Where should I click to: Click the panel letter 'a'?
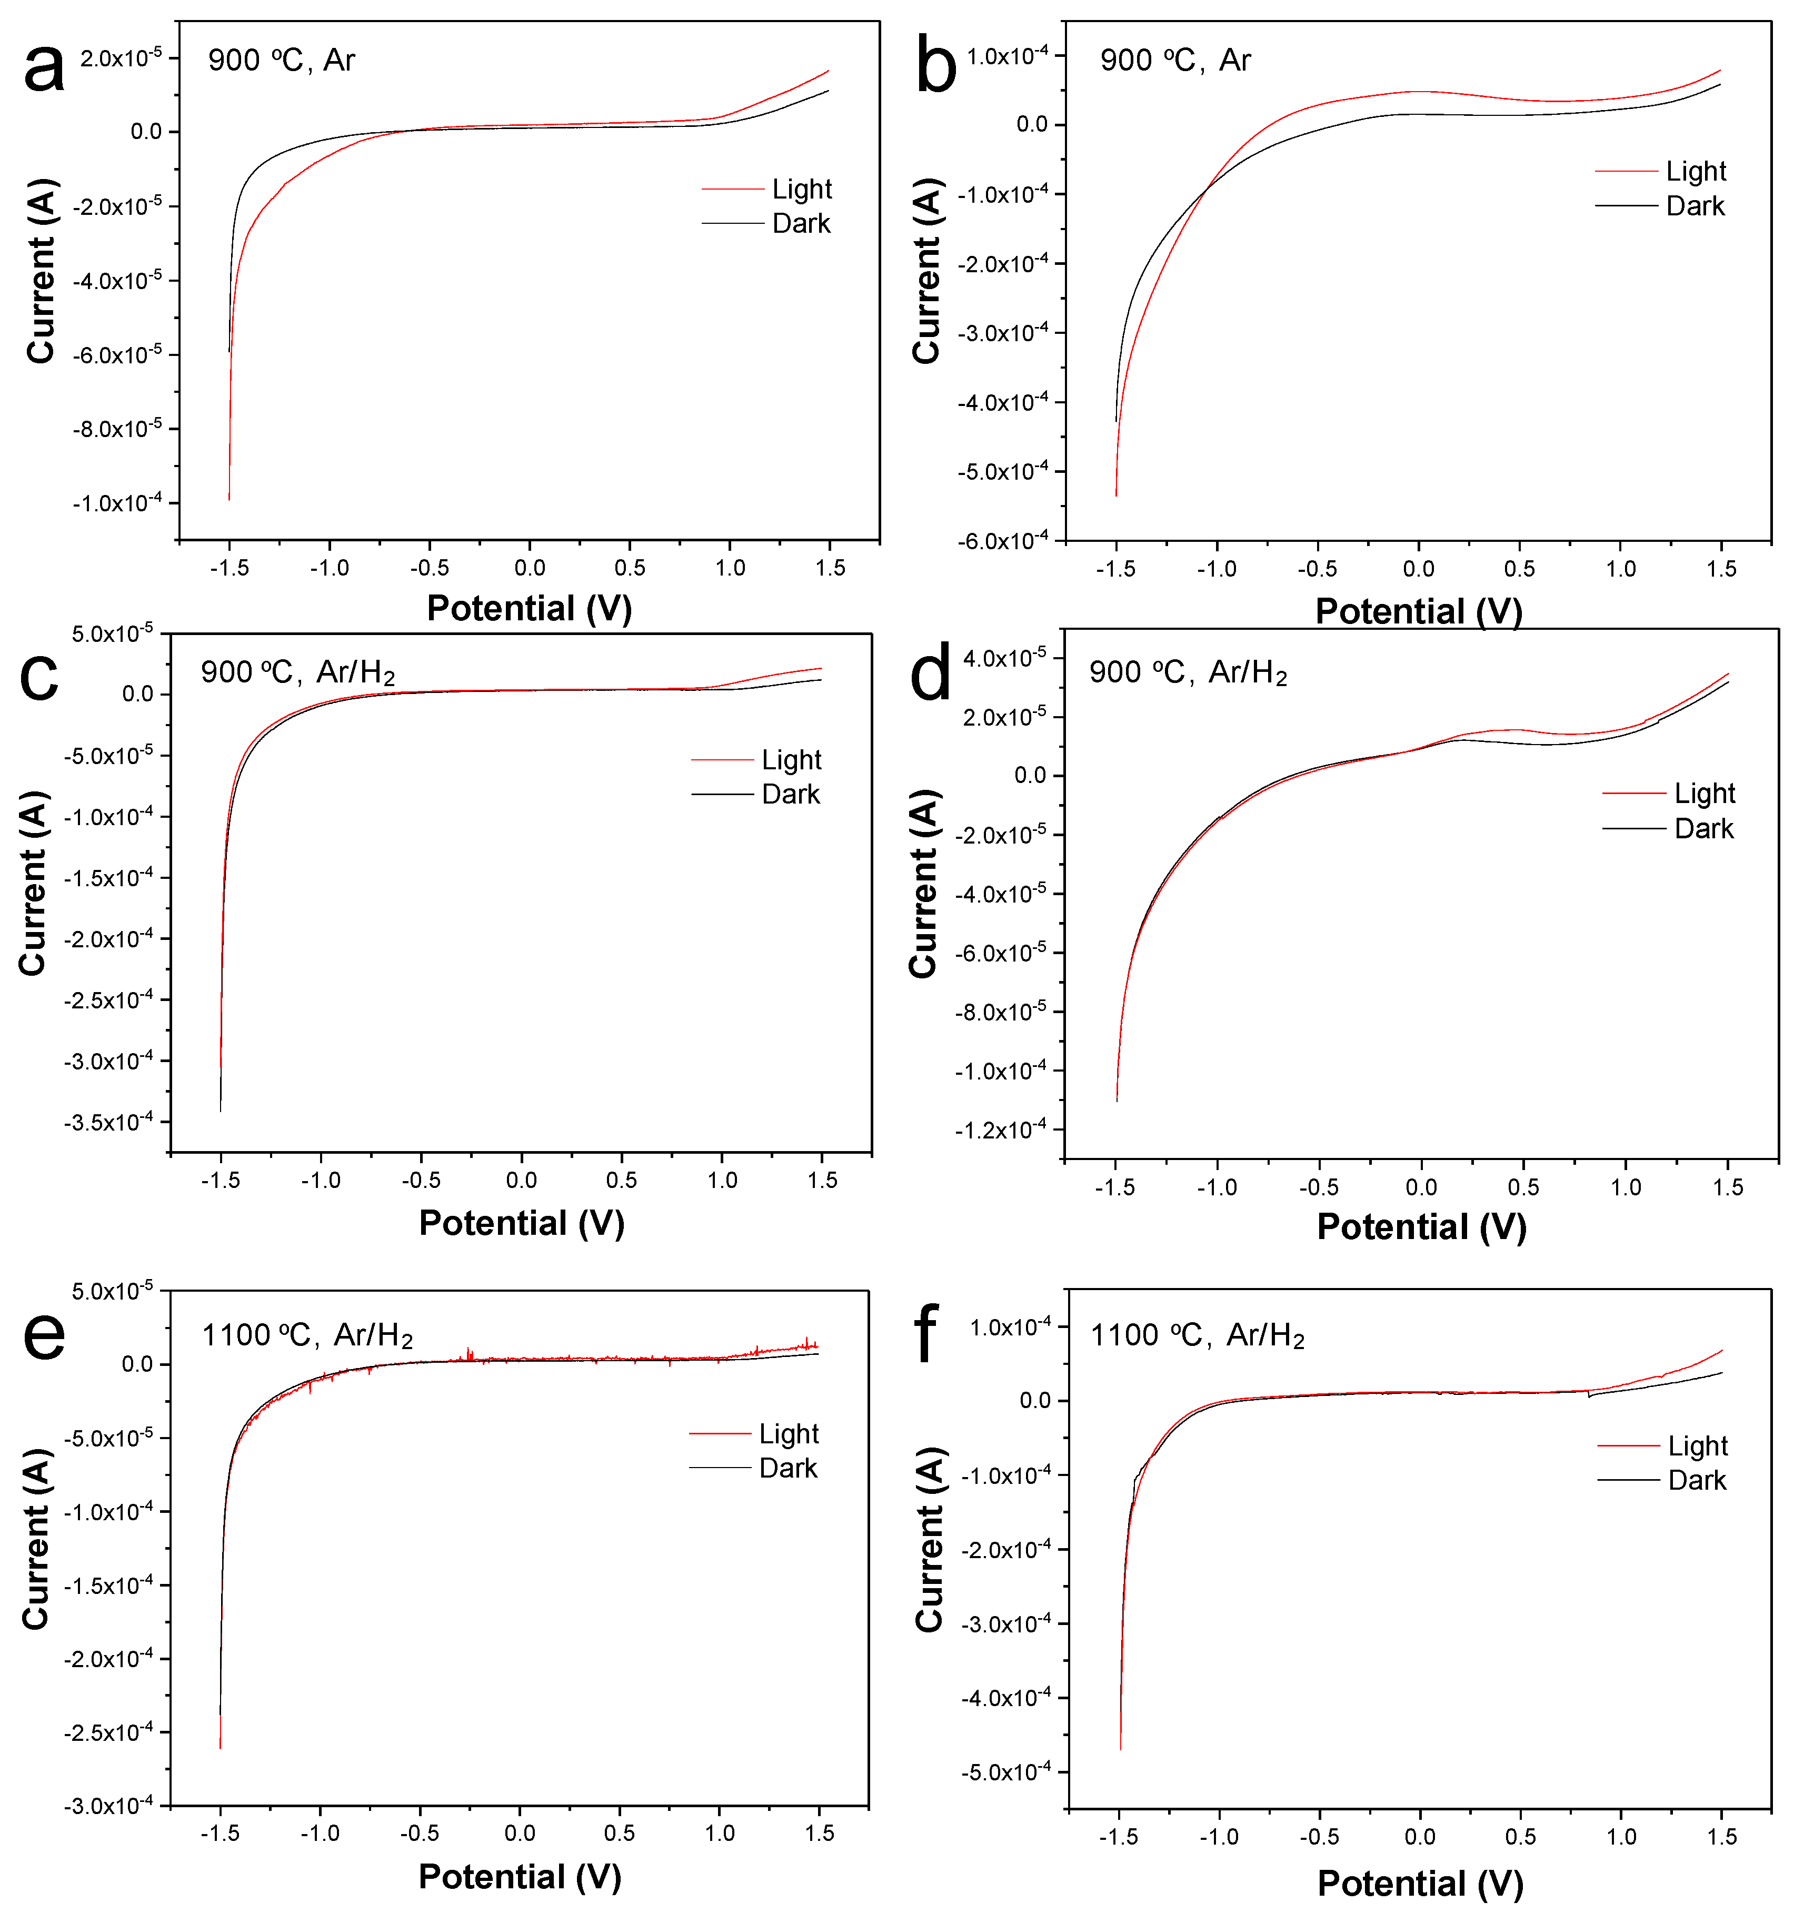(x=44, y=70)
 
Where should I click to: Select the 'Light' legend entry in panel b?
(x=1695, y=171)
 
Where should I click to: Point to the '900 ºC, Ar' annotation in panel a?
(x=281, y=60)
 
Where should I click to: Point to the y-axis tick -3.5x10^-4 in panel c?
(x=108, y=1122)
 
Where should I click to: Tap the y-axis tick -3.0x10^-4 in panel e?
(x=108, y=1805)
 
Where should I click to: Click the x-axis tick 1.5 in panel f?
(x=1720, y=1837)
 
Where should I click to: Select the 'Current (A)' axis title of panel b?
(x=926, y=271)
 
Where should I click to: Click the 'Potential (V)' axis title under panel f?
(x=1419, y=1884)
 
